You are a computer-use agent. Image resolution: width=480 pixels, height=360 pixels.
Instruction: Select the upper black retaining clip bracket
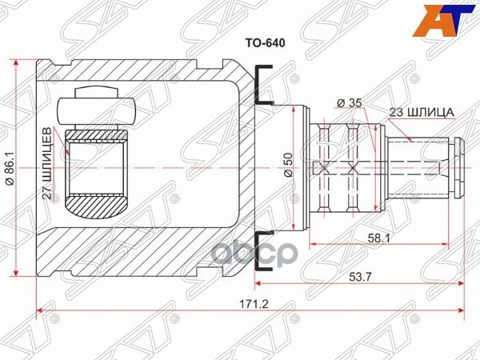(x=262, y=86)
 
